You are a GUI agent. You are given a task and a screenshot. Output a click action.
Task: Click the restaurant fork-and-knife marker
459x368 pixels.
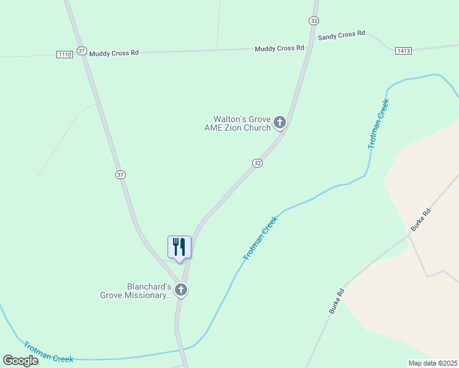coord(179,247)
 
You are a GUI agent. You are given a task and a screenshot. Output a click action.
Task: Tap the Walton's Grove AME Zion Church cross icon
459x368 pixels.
coord(280,123)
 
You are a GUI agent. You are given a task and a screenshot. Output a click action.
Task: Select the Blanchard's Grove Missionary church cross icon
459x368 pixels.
coord(180,290)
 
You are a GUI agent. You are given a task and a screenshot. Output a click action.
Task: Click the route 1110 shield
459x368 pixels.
coord(65,55)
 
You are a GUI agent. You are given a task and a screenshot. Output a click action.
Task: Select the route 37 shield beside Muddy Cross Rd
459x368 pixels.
coord(82,50)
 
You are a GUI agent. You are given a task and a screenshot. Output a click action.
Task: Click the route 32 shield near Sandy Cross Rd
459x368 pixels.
coord(314,20)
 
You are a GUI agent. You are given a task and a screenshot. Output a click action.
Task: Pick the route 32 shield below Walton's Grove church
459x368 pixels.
coord(258,163)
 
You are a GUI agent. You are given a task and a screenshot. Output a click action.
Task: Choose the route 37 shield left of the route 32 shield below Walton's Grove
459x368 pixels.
coord(120,175)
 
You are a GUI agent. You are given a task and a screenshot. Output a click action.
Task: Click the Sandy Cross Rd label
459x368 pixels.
coord(341,36)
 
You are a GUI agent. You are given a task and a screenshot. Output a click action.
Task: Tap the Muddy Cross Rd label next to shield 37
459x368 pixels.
coord(114,53)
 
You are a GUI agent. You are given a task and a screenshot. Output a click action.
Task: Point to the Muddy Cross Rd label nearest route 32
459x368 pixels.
coord(279,48)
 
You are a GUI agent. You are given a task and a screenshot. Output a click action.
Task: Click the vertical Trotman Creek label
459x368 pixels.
coord(379,125)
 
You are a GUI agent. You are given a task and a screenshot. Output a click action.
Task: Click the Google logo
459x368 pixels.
coord(20,361)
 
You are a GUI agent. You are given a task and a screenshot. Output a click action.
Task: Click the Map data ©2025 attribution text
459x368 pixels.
coord(433,363)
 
